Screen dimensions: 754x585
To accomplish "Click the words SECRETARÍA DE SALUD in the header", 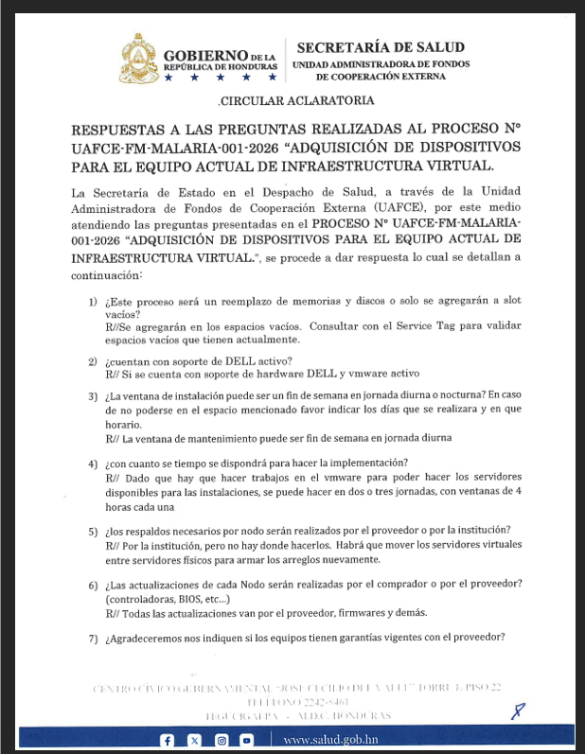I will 371,47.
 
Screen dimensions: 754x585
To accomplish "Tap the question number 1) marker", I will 94,302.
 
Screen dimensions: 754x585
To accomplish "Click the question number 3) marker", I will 94,396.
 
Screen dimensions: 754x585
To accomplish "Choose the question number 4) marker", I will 94,465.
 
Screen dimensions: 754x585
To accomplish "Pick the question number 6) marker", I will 94,586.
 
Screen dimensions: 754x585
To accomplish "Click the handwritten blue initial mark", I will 517,710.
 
